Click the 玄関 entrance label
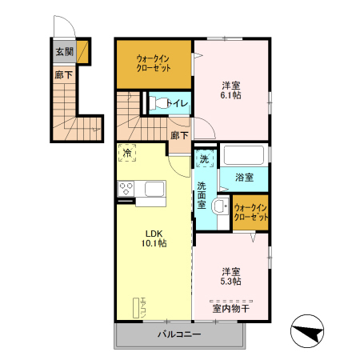64,52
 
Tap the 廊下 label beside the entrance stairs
63,74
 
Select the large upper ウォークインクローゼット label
154,63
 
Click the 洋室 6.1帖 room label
231,90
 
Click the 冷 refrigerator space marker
127,151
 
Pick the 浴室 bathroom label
244,178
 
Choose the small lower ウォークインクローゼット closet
250,212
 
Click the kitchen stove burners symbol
126,188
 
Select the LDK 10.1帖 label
155,238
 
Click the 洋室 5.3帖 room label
231,275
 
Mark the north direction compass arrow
308,330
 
